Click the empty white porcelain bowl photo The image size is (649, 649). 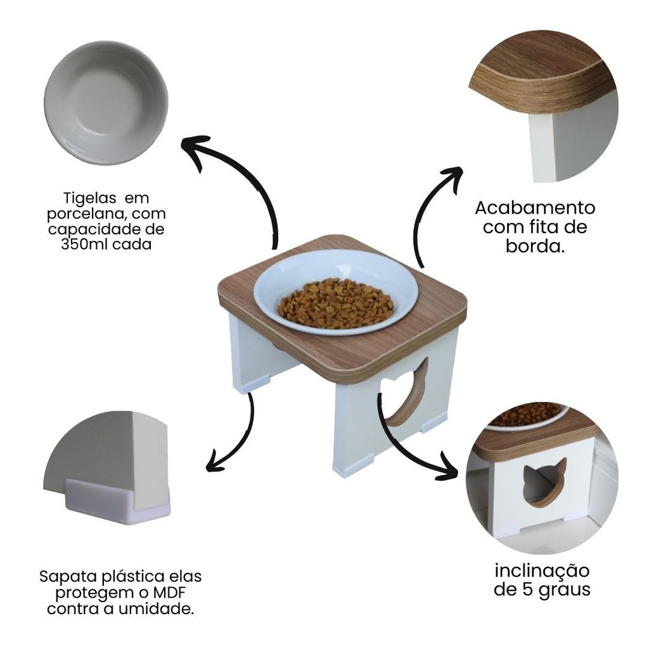point(106,103)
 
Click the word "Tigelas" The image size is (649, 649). point(89,198)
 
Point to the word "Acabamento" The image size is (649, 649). point(535,208)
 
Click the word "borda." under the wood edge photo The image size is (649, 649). point(535,247)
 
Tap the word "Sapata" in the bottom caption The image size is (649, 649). point(68,577)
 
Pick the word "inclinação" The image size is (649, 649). point(542,571)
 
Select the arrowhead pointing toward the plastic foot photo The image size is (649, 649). point(217,461)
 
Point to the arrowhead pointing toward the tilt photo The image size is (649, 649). point(446,467)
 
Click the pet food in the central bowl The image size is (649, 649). point(335,303)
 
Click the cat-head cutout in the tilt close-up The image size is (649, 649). point(544,482)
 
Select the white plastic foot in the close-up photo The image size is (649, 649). point(117,501)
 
